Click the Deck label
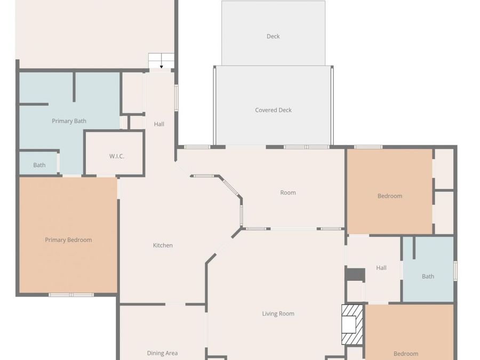tap(273, 36)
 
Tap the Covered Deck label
tap(273, 110)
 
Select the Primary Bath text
tap(69, 121)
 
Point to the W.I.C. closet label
tap(117, 156)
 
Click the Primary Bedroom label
tap(68, 240)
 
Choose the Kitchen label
tap(163, 245)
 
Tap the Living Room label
tap(278, 314)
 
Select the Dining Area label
tap(162, 353)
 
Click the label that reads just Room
tap(288, 193)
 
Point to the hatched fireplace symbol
tap(353, 324)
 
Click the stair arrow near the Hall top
tap(162, 66)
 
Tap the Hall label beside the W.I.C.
tap(159, 124)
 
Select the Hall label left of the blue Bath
tap(381, 268)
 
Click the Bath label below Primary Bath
tap(39, 165)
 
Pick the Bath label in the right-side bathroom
tap(428, 276)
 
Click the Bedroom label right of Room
tap(390, 196)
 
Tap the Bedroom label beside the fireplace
tap(406, 354)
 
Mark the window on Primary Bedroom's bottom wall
tap(71, 294)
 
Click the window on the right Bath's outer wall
tap(455, 270)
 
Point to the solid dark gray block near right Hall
tap(355, 274)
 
